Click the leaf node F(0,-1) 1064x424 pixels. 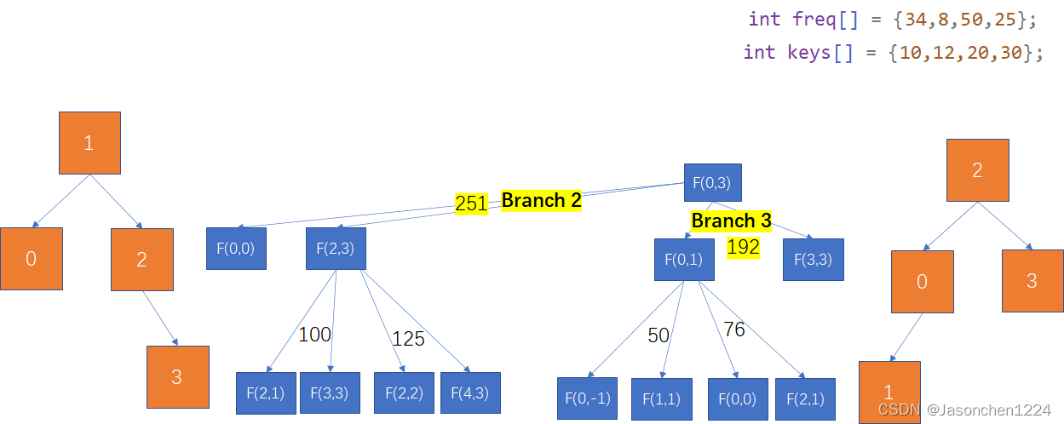pos(587,398)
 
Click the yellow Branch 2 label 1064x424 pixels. pos(541,201)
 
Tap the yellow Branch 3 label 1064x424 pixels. pos(731,221)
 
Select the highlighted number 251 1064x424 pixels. pos(471,204)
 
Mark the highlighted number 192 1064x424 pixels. pos(743,248)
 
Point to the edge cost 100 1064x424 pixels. pos(314,335)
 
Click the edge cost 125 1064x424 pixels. pos(408,339)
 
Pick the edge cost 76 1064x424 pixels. pos(733,329)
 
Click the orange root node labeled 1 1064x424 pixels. pos(89,143)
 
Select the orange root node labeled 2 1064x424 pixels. pos(977,170)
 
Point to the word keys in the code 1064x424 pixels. pos(809,52)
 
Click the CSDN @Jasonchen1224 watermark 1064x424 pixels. pos(964,410)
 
